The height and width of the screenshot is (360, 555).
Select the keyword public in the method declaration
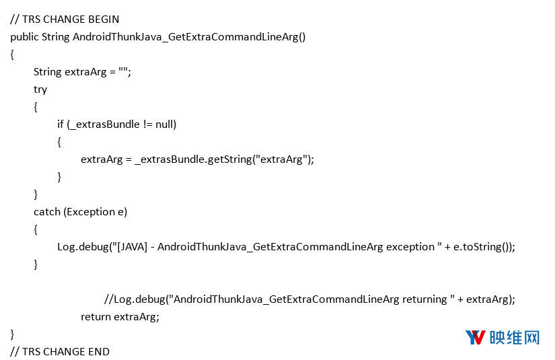(x=24, y=37)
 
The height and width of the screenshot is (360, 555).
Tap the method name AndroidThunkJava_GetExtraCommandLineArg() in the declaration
(x=189, y=37)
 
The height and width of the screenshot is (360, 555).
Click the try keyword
(x=40, y=90)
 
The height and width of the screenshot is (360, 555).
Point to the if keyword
(x=61, y=124)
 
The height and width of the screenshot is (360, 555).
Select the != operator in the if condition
(x=148, y=124)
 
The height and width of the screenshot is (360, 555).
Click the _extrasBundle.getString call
(x=193, y=159)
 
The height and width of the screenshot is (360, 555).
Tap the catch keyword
(x=47, y=212)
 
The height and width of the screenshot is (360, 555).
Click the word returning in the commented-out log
(x=424, y=299)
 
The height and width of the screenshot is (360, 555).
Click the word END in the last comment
(x=99, y=352)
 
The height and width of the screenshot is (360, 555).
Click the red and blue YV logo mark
(x=476, y=337)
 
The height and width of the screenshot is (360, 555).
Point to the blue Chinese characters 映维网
(x=515, y=337)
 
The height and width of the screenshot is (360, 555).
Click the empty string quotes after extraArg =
(x=123, y=70)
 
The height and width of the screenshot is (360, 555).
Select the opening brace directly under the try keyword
(x=36, y=107)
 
